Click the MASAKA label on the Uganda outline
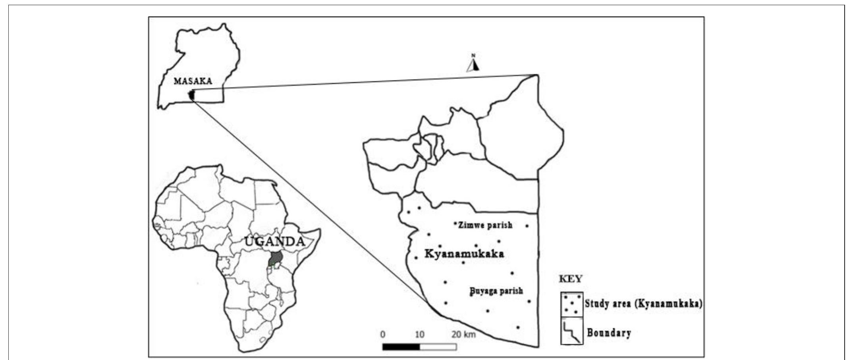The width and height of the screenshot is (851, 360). [x=193, y=81]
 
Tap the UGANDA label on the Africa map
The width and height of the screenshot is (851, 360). [x=275, y=241]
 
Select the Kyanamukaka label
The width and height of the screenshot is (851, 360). [x=464, y=254]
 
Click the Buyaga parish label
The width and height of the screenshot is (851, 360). [x=496, y=291]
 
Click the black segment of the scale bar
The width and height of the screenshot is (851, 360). [x=401, y=347]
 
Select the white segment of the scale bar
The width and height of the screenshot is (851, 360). [x=438, y=347]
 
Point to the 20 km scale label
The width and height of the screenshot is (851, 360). [x=463, y=334]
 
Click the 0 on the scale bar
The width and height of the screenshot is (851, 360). [x=382, y=334]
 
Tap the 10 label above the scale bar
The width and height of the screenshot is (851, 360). [x=419, y=334]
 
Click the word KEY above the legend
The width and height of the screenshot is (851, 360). [x=571, y=279]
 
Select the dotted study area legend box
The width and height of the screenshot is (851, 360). [x=572, y=304]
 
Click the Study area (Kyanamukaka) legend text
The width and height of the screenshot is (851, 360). [x=643, y=304]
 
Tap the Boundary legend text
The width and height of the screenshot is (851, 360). [x=609, y=332]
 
